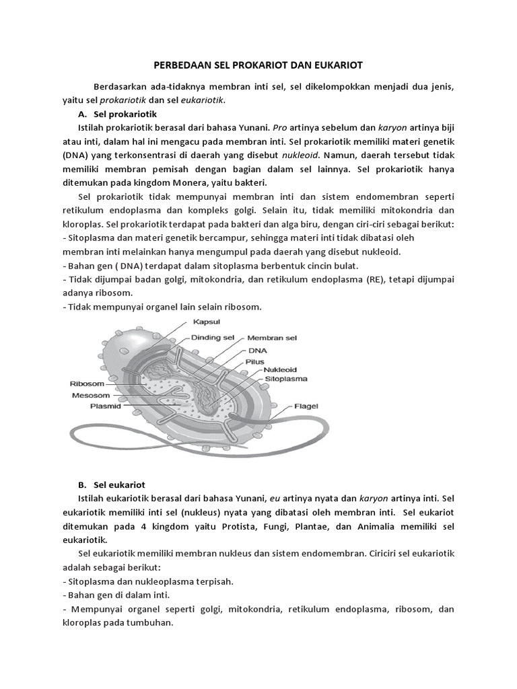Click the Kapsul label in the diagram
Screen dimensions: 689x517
(x=207, y=322)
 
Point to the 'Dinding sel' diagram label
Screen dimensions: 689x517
(x=214, y=337)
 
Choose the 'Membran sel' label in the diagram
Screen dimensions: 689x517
(x=272, y=338)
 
